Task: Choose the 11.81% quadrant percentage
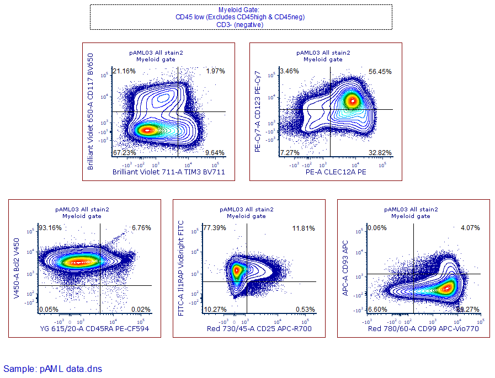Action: (x=303, y=228)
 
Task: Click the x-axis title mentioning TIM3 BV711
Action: (x=168, y=173)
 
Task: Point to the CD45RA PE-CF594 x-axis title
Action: (x=94, y=329)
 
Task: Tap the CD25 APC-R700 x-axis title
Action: (x=259, y=329)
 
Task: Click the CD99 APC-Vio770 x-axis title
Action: (x=424, y=329)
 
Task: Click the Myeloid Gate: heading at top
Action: (x=240, y=10)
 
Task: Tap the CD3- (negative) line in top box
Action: (x=240, y=24)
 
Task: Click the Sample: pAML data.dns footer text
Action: (x=52, y=368)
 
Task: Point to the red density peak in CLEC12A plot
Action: (x=352, y=101)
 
